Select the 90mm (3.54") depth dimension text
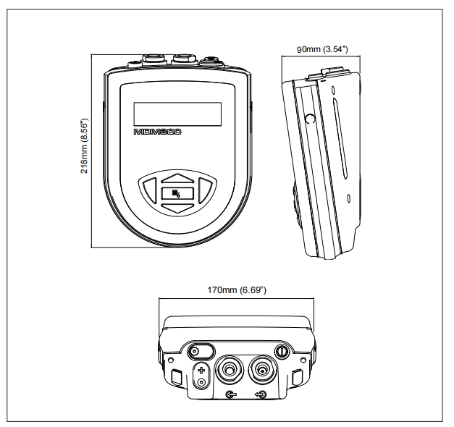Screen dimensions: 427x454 323,49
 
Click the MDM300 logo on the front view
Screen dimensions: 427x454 158,133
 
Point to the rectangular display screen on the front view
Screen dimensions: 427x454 177,113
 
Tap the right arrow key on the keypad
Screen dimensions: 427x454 204,191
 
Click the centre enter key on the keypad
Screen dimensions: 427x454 177,193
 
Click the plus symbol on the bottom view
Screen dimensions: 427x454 201,371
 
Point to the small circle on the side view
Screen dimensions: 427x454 310,119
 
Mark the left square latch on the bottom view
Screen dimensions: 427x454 178,376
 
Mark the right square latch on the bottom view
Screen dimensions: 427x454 297,376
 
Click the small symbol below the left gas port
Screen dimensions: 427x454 231,394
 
